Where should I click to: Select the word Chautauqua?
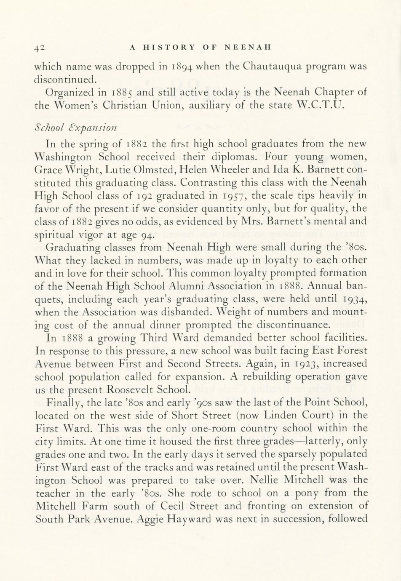point(279,67)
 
